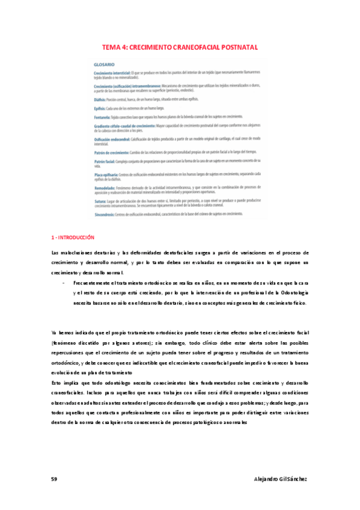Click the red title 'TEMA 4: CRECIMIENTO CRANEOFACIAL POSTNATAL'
click(x=180, y=46)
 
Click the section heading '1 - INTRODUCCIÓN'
click(x=73, y=238)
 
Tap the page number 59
click(x=54, y=478)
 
